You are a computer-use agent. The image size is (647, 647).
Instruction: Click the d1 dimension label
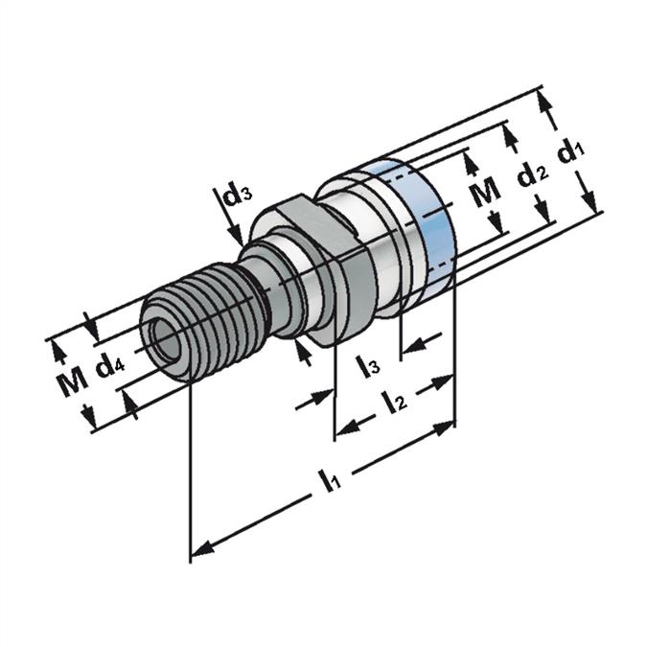573,153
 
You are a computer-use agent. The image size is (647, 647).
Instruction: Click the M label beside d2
487,192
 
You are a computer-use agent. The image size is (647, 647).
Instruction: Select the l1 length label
331,480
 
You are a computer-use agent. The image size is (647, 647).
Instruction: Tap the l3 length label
367,364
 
